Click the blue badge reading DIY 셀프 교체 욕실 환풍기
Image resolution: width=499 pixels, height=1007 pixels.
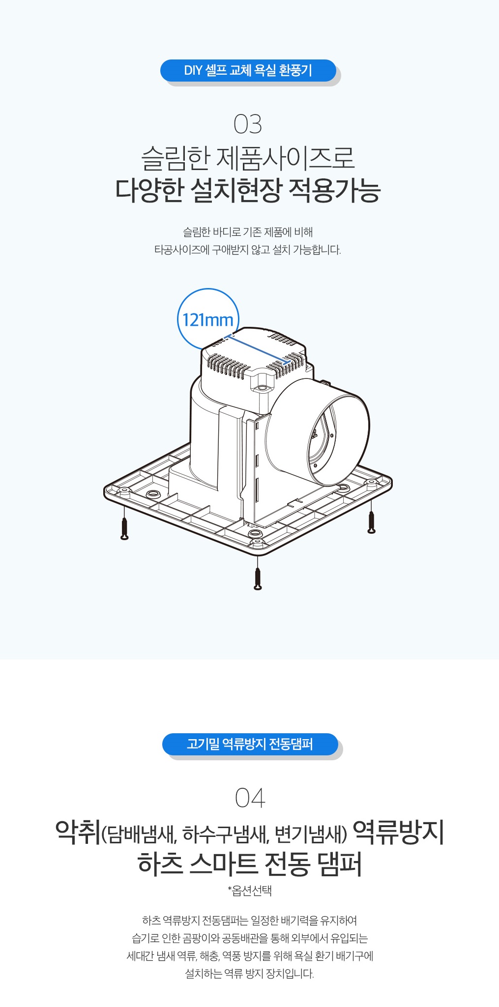[x=248, y=71]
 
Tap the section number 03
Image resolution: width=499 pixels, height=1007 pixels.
[x=248, y=124]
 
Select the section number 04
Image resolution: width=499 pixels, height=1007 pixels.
[x=250, y=798]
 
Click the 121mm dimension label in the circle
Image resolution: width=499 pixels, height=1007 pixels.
[x=208, y=320]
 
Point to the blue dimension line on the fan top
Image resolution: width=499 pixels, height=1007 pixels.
[x=257, y=350]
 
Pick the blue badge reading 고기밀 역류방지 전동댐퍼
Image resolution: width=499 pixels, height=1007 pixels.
[x=250, y=744]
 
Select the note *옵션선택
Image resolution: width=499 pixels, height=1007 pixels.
[x=250, y=891]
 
